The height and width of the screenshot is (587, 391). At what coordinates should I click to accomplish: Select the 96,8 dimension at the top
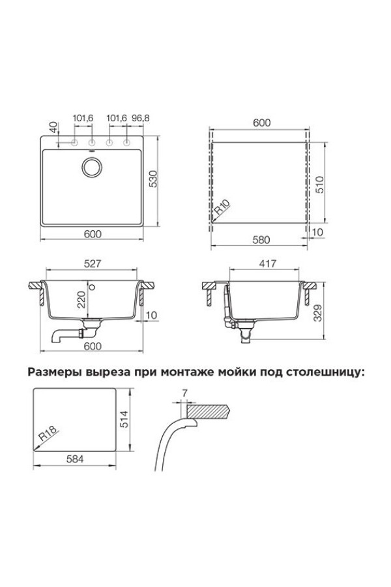[134, 118]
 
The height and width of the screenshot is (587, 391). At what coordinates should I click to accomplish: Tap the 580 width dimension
[261, 239]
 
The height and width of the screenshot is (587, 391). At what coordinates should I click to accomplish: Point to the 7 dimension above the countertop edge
[186, 393]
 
